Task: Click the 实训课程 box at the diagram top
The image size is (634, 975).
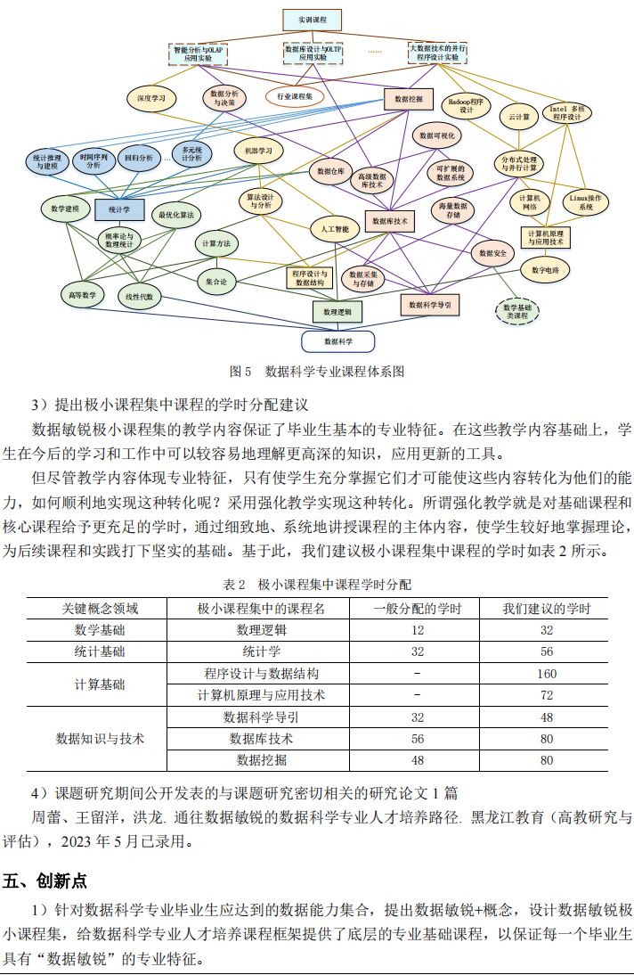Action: (x=312, y=20)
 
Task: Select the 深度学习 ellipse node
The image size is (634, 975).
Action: (x=151, y=98)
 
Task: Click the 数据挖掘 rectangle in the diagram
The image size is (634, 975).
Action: (x=408, y=98)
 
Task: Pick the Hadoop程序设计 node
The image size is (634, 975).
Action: (x=467, y=106)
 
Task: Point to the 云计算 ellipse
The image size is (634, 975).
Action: (x=519, y=116)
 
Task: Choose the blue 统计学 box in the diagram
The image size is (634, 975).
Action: (x=119, y=210)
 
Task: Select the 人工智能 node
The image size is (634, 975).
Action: (x=335, y=230)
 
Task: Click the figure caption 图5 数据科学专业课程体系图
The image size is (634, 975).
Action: (x=316, y=370)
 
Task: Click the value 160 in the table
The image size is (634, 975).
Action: (x=546, y=674)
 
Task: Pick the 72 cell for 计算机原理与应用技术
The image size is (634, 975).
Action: (x=546, y=695)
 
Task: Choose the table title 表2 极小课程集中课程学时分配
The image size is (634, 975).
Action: (x=316, y=585)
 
